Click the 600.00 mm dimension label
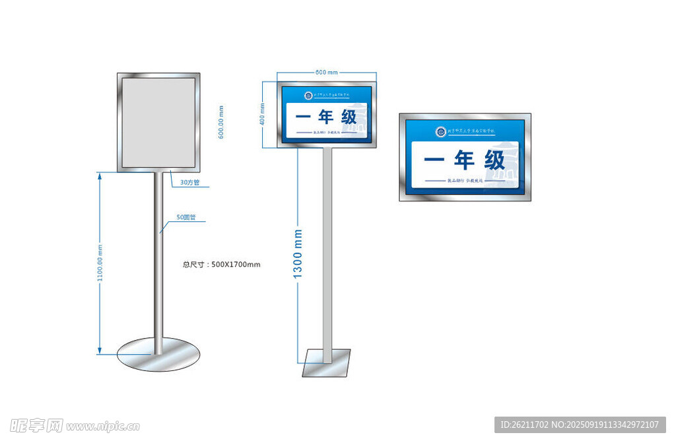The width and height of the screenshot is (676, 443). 221,122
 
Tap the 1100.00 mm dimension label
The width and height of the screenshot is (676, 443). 100,263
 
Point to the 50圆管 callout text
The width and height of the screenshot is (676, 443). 186,217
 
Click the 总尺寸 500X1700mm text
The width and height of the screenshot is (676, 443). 221,265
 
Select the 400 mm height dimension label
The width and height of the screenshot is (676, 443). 262,114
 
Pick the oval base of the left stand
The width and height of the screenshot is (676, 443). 158,355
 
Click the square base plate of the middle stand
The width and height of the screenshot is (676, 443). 326,363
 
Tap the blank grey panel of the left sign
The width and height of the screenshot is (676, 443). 158,122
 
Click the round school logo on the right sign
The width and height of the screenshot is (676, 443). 440,131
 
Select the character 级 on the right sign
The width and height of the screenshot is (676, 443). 494,160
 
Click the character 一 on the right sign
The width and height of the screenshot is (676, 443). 433,160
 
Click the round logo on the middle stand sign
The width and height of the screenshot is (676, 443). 308,96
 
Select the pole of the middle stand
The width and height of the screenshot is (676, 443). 327,251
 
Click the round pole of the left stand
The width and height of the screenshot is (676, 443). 158,264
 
